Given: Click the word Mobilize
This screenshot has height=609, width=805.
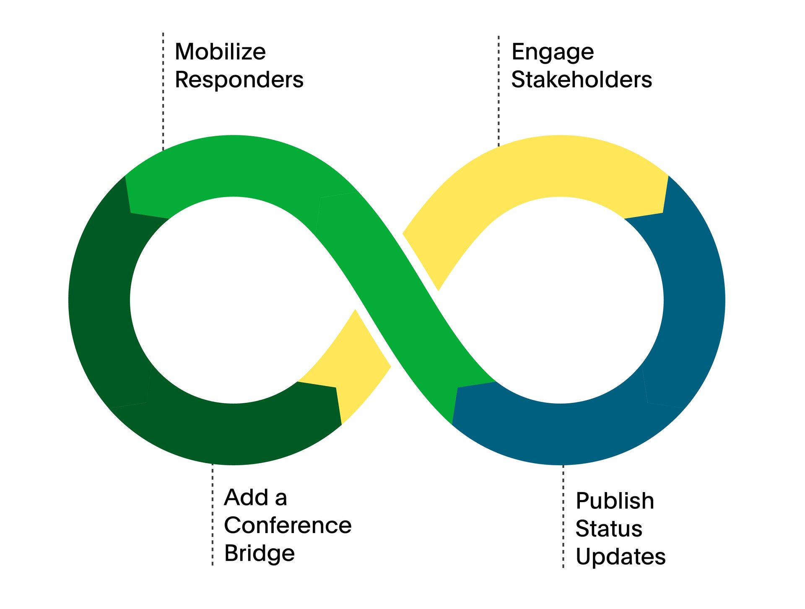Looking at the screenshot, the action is tap(220, 52).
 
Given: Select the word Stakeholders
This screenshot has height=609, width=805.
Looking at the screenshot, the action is tap(582, 80).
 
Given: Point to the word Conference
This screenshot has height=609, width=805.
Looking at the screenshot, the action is tap(288, 526).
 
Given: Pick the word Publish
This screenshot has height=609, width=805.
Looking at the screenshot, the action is tap(615, 501).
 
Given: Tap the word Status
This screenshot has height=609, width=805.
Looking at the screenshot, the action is tap(609, 529).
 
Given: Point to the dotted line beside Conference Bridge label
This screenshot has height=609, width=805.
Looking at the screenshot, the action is tap(213, 515).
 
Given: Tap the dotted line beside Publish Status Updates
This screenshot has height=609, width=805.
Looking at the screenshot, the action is tap(563, 516).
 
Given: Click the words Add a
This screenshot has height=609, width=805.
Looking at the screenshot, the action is tap(256, 498).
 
